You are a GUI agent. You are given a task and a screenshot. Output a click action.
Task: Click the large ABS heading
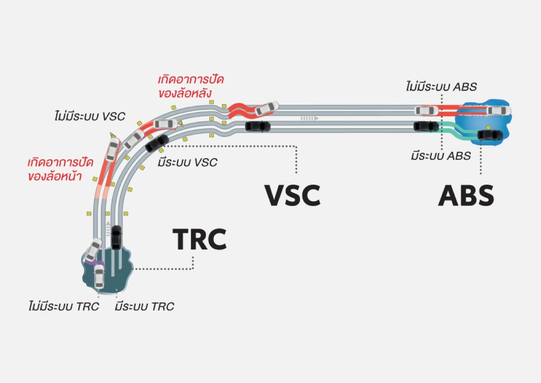466,195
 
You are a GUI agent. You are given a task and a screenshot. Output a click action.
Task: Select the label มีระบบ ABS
441,156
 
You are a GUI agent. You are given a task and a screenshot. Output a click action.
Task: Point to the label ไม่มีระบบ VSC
90,116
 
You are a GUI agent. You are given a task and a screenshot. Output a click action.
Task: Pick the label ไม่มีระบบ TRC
63,306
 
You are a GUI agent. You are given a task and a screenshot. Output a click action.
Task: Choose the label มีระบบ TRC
144,306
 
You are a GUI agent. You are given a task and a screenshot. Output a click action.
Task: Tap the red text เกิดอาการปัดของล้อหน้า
60,170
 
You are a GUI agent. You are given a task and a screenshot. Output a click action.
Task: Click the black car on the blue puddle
490,135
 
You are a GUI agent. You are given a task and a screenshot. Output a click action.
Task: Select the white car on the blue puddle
499,111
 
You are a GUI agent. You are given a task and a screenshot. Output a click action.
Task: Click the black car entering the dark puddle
116,238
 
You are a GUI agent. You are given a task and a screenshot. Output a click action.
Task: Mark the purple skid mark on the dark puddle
90,263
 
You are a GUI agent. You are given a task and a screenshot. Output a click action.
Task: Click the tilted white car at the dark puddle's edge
93,249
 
